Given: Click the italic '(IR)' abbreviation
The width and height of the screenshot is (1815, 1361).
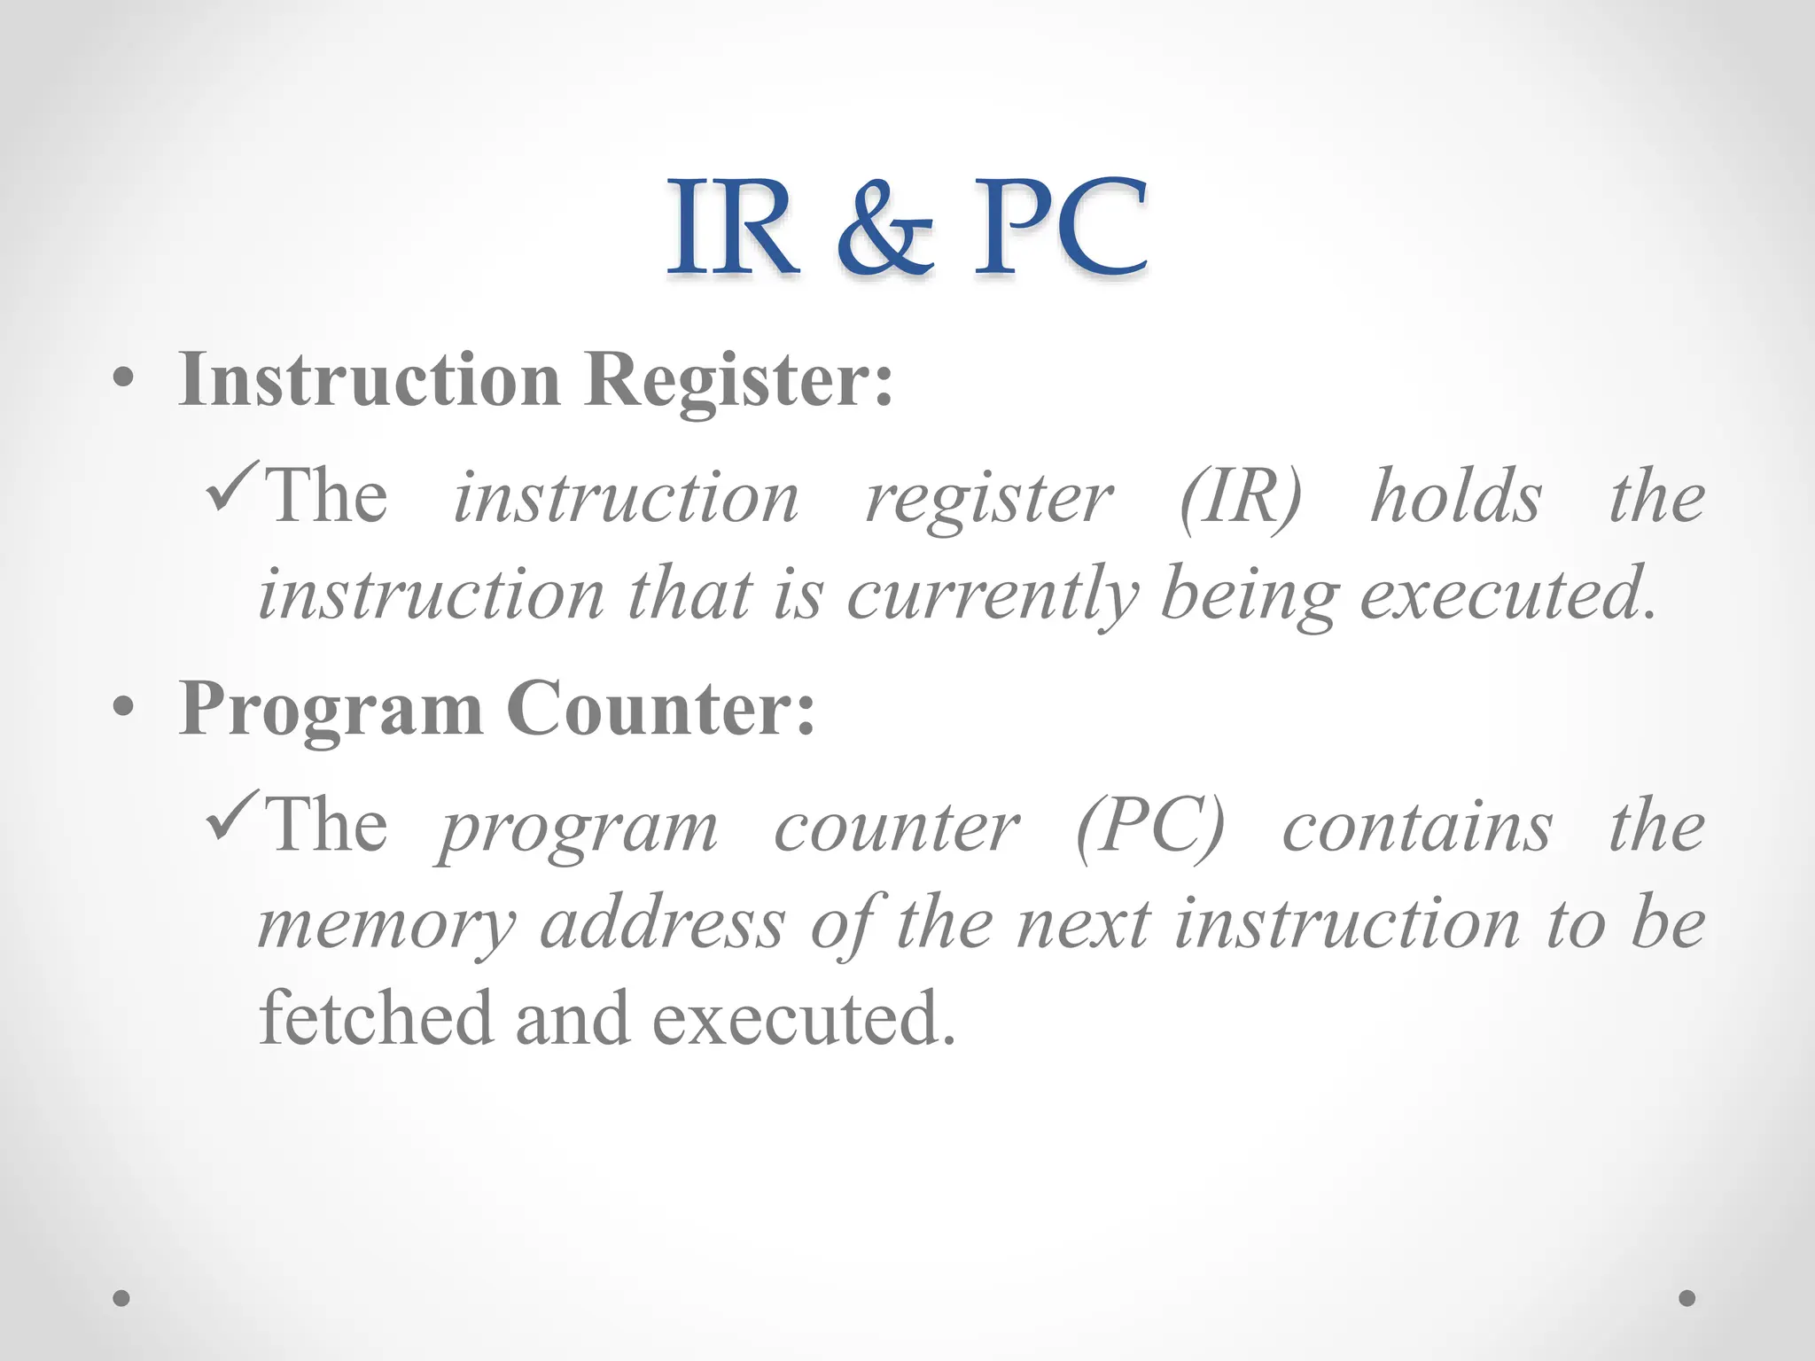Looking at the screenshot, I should pyautogui.click(x=1240, y=498).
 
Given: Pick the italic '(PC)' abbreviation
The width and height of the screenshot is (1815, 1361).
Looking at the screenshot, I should pyautogui.click(x=1149, y=828).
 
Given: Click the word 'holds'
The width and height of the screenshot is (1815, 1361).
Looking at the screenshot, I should pyautogui.click(x=1455, y=496).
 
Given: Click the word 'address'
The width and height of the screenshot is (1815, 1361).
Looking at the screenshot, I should pyautogui.click(x=663, y=923).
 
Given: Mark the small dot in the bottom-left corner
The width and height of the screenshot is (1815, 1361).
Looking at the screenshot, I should pyautogui.click(x=121, y=1298).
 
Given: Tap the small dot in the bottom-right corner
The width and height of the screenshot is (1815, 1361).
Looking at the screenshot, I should pyautogui.click(x=1687, y=1298).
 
